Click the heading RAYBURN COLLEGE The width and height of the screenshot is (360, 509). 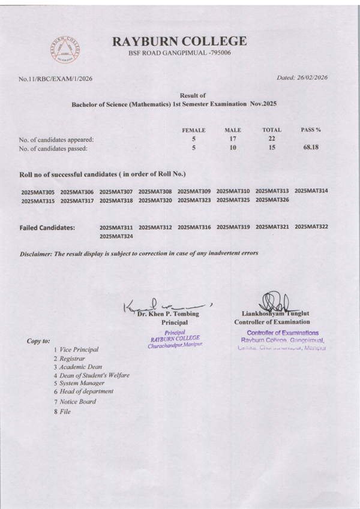click(179, 41)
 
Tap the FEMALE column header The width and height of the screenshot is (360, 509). click(194, 130)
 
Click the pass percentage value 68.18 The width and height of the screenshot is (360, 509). click(311, 147)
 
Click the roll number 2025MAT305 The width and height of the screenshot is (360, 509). click(37, 192)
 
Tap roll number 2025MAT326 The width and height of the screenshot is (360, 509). click(272, 200)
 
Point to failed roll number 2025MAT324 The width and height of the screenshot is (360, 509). click(116, 237)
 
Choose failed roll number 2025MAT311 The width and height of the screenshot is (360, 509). click(116, 228)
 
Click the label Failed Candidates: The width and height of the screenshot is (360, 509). click(47, 228)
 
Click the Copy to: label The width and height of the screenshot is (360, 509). click(38, 341)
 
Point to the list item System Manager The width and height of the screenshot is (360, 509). click(82, 382)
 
